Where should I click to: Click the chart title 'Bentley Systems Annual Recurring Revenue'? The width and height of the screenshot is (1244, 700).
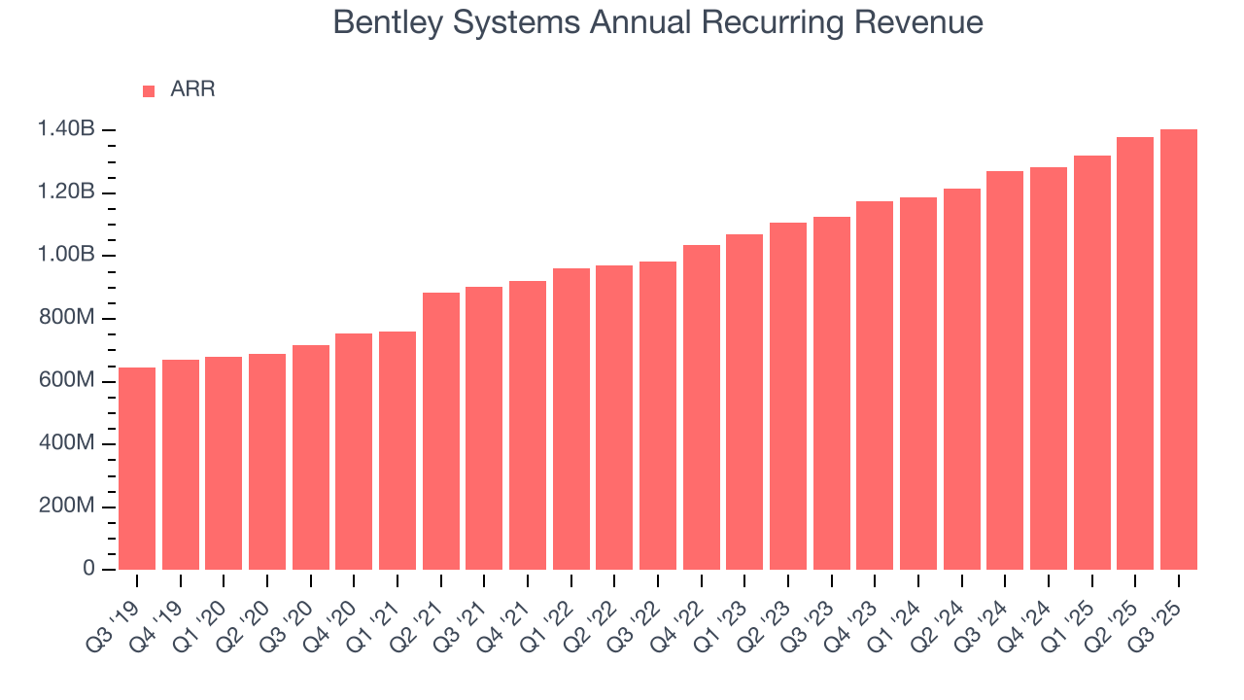pyautogui.click(x=658, y=22)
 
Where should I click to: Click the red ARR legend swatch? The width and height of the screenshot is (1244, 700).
pyautogui.click(x=149, y=90)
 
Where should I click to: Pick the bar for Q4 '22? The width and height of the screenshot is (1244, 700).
pyautogui.click(x=702, y=407)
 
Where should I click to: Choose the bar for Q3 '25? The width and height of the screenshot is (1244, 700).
pyautogui.click(x=1179, y=349)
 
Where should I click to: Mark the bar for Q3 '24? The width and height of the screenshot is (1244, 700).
pyautogui.click(x=1005, y=370)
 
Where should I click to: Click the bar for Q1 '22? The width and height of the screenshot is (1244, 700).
pyautogui.click(x=571, y=419)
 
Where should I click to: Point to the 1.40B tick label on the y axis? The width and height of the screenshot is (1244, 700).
pyautogui.click(x=66, y=130)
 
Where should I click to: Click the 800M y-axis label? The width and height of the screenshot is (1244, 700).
pyautogui.click(x=67, y=318)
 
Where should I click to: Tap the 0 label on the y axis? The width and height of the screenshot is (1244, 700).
pyautogui.click(x=87, y=569)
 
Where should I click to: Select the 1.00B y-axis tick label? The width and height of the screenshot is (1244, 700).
pyautogui.click(x=66, y=256)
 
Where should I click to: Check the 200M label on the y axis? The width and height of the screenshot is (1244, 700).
pyautogui.click(x=67, y=507)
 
